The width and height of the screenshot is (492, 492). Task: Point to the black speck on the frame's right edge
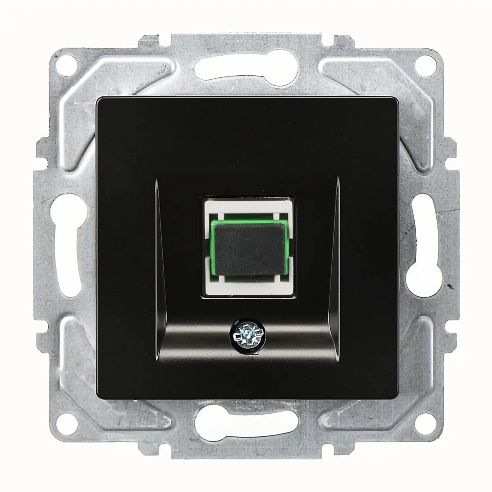point(449,285)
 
